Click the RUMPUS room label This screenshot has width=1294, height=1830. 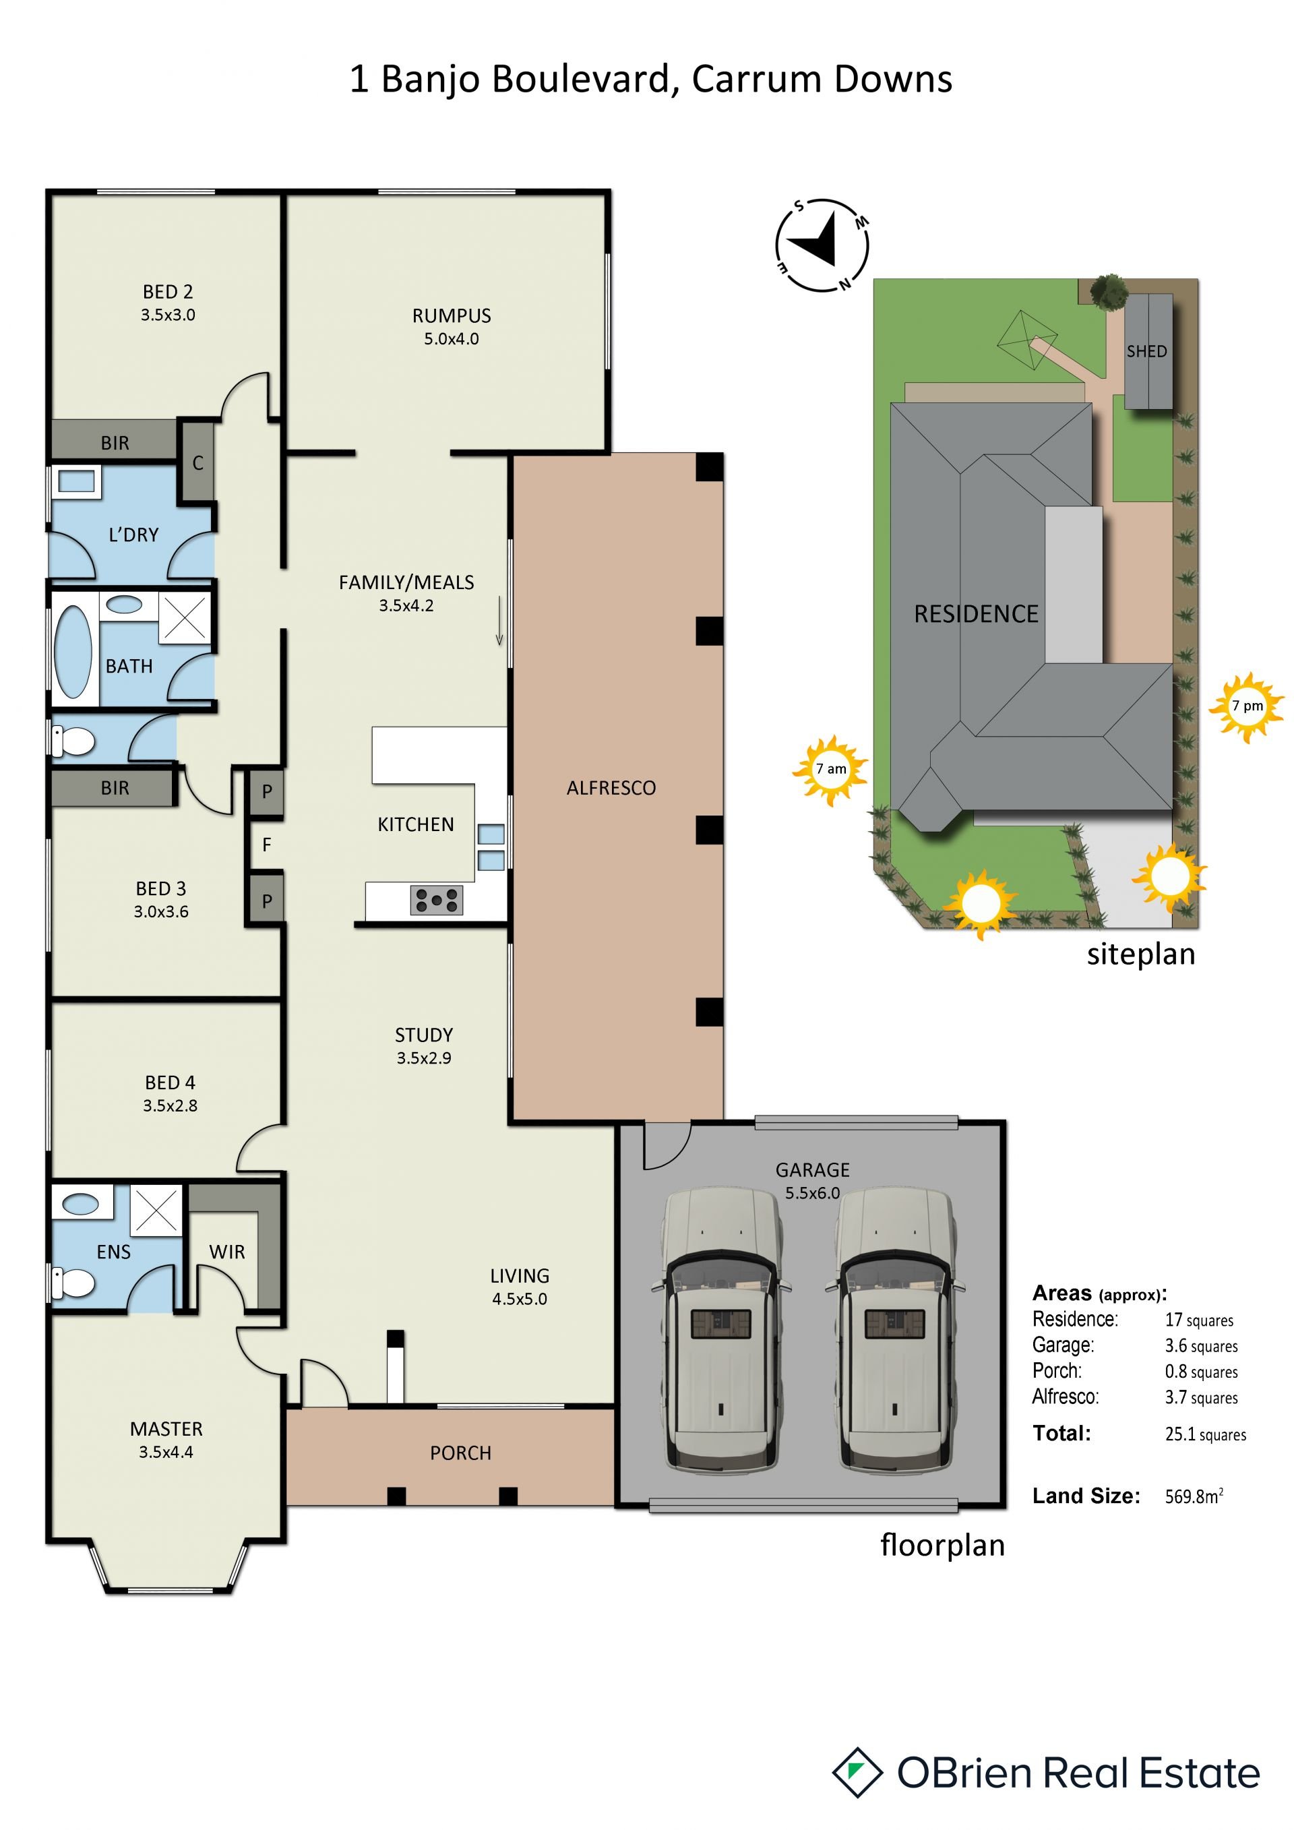(451, 315)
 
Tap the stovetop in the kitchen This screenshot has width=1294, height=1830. (437, 900)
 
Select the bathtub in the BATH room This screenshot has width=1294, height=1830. (73, 651)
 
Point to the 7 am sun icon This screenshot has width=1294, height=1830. (830, 769)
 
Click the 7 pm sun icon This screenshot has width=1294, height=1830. (1247, 706)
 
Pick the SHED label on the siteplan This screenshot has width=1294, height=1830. (1146, 351)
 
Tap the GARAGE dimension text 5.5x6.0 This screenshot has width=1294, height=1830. (812, 1193)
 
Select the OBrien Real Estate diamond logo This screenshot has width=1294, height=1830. (857, 1773)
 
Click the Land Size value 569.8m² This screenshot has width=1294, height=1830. (1194, 1496)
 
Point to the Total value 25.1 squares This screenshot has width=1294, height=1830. (1206, 1434)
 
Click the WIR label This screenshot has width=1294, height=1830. (227, 1252)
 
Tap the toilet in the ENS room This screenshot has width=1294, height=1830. (73, 1283)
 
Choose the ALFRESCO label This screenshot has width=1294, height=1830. (611, 788)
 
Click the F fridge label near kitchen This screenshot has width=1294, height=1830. (267, 844)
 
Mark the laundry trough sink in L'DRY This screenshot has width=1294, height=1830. (76, 481)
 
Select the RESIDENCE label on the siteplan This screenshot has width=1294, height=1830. (976, 614)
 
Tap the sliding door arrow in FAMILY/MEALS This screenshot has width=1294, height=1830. (499, 620)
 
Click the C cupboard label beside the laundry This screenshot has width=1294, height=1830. (197, 463)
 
